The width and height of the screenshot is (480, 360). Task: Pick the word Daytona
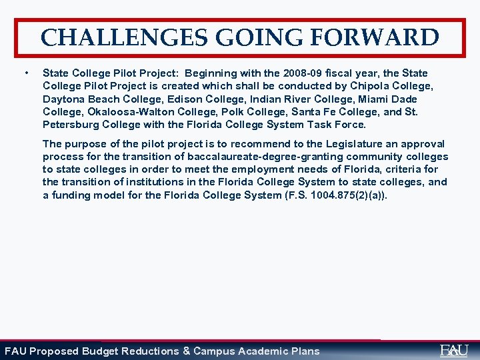click(63, 99)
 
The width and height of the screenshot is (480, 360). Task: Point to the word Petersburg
click(71, 125)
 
